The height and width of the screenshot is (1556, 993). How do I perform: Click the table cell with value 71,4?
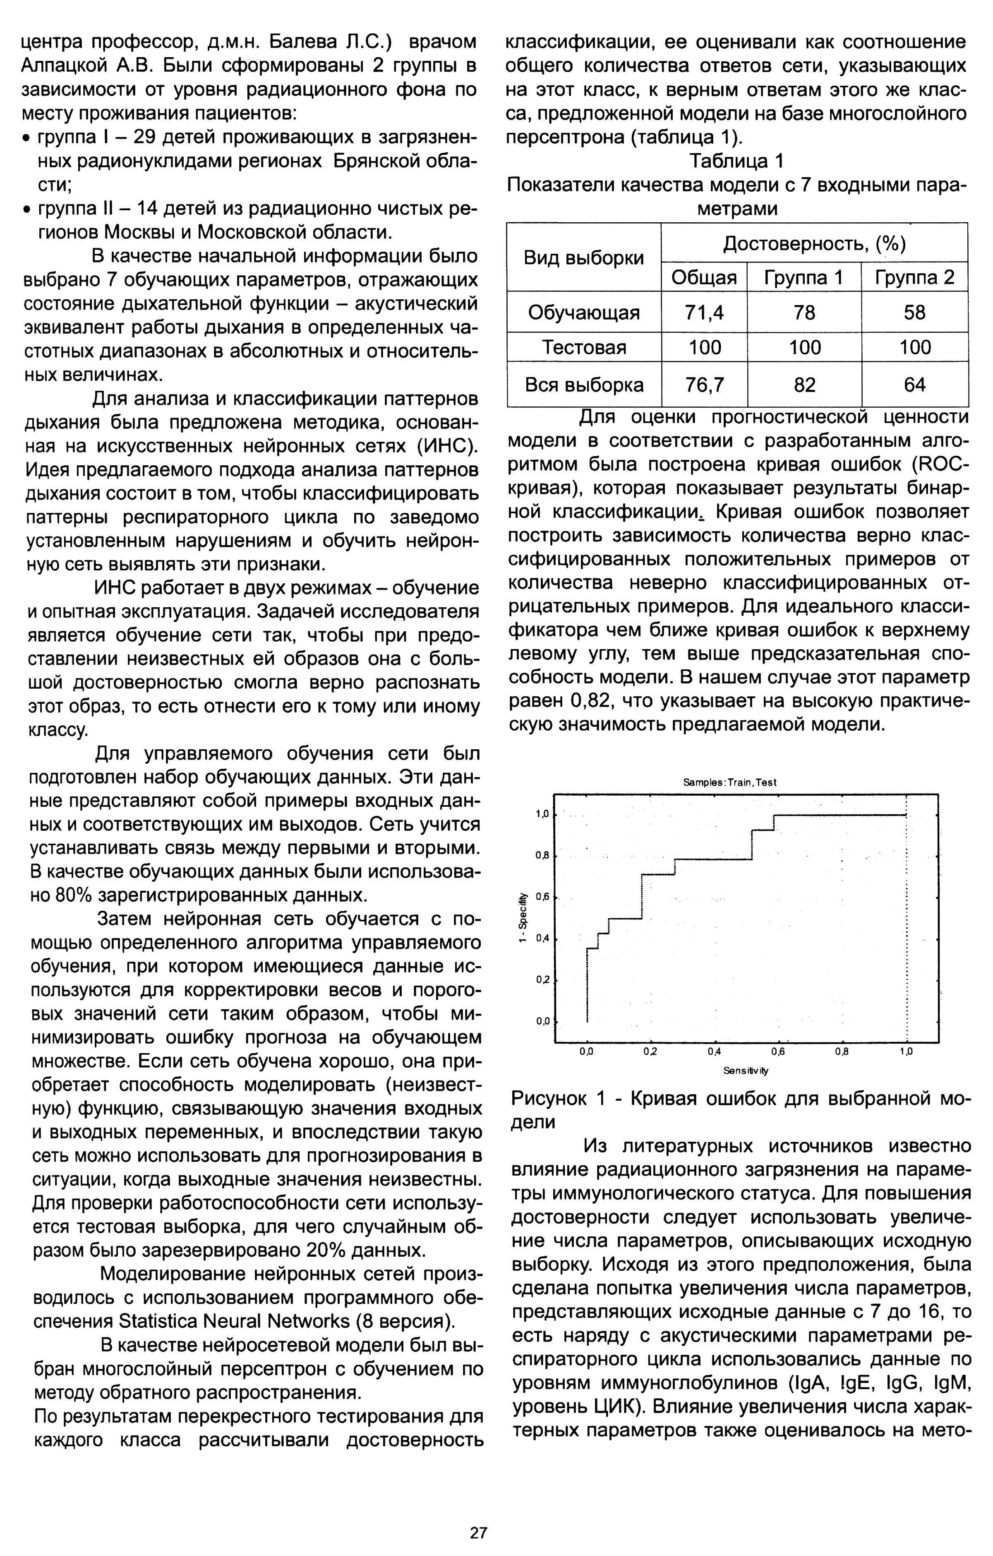[704, 313]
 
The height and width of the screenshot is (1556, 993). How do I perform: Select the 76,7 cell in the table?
[704, 385]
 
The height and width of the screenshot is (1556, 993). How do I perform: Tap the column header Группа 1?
[804, 278]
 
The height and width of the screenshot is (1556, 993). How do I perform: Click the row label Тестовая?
[584, 348]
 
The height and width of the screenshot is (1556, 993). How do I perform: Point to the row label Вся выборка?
[584, 385]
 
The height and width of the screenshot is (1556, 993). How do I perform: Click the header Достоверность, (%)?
[814, 244]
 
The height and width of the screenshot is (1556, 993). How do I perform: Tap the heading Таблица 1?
[736, 161]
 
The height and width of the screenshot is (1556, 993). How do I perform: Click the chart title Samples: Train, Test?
[729, 782]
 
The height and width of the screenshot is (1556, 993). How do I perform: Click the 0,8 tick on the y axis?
[542, 856]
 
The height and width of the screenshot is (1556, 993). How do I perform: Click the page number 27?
[479, 1514]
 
